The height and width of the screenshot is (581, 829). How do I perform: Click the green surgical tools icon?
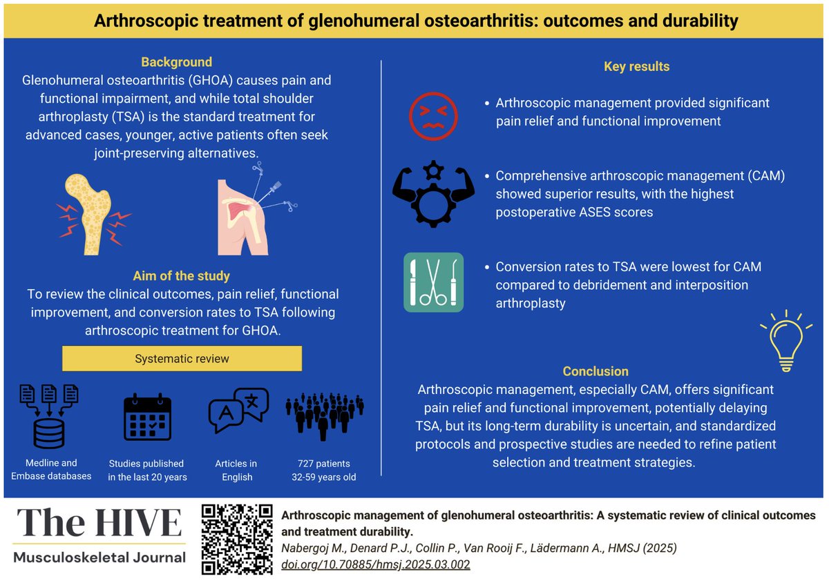pos(433,282)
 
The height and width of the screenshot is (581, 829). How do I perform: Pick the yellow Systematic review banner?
pos(182,359)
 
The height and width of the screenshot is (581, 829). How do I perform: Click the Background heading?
pos(176,62)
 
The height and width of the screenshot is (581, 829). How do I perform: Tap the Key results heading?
pos(636,67)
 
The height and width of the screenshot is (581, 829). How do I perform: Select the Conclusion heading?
pos(595,371)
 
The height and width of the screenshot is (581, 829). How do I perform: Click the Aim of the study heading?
pos(182,277)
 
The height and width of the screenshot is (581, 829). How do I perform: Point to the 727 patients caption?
pos(324,463)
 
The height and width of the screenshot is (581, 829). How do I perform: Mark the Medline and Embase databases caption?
pos(51,469)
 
